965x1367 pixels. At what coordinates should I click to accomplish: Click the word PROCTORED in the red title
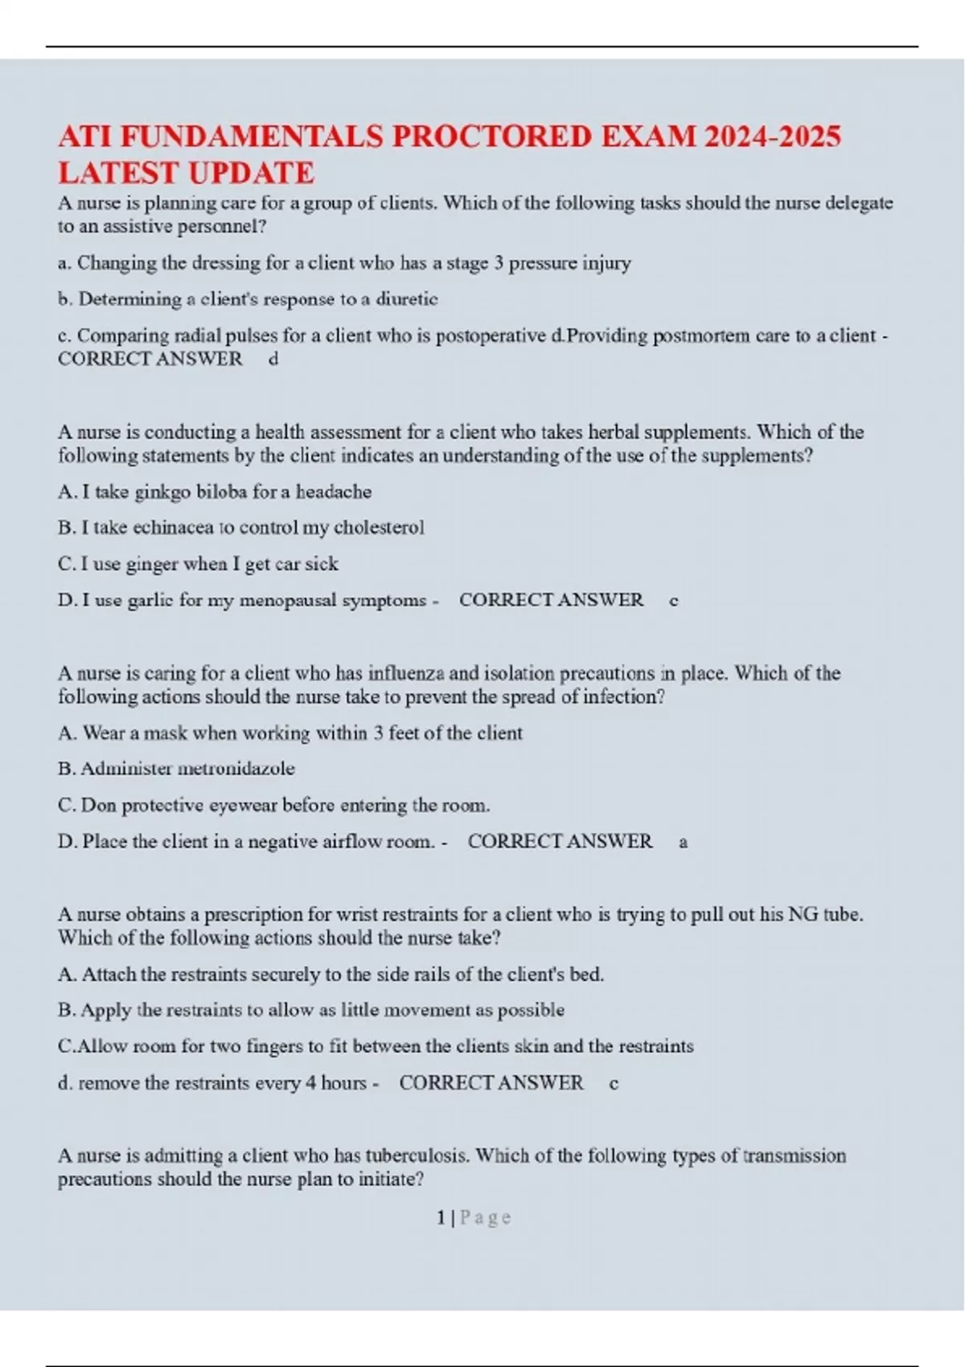coord(491,137)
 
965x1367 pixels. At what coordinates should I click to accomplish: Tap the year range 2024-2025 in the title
coord(772,137)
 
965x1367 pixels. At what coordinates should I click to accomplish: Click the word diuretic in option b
coord(407,299)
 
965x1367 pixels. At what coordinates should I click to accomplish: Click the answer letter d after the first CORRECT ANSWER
coord(273,359)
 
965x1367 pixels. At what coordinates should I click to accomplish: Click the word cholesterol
coord(379,528)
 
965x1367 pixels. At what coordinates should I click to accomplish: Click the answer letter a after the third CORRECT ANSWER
coord(683,842)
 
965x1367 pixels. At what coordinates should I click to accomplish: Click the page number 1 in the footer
coord(441,1217)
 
